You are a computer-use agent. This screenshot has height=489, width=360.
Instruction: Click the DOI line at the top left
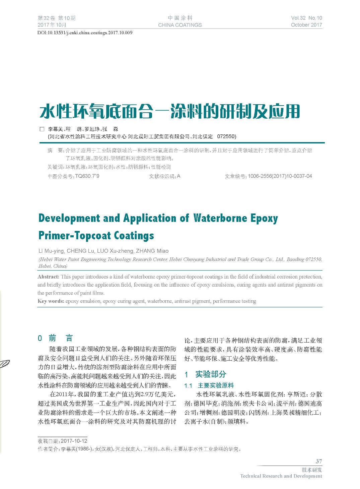[85, 33]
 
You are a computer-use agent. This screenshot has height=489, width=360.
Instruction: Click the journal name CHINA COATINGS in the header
[180, 25]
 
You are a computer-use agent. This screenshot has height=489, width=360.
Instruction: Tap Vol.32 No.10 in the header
[306, 18]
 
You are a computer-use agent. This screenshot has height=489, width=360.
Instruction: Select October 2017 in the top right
[306, 25]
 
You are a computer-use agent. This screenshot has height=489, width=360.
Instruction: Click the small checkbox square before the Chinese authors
[42, 129]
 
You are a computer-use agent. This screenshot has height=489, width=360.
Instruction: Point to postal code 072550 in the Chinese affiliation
[226, 136]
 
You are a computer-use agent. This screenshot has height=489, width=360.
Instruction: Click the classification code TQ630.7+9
[87, 176]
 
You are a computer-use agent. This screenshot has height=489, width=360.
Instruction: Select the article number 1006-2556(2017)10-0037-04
[280, 176]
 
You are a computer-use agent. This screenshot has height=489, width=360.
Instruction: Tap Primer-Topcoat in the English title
[74, 235]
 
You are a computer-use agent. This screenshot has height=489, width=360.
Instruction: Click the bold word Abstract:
[49, 277]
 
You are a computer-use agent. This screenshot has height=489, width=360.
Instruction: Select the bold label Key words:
[51, 301]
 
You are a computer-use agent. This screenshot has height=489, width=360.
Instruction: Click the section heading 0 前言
[55, 338]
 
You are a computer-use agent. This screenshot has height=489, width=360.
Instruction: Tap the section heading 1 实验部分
[206, 374]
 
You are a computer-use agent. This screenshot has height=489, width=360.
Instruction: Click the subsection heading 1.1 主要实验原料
[209, 385]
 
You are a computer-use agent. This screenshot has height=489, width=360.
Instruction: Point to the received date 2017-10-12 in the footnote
[74, 441]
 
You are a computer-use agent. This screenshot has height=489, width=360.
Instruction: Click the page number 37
[318, 462]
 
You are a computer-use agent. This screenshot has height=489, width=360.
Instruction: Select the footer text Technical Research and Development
[281, 476]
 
